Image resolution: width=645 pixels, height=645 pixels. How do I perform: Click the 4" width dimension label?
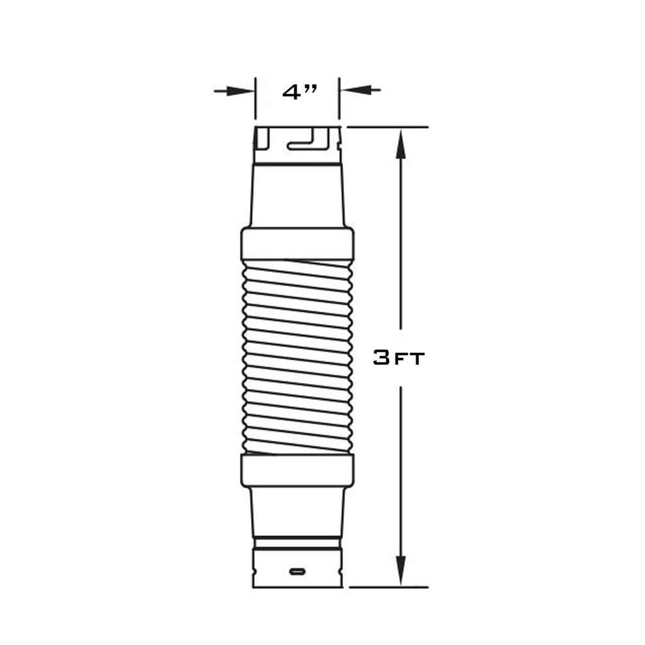[300, 92]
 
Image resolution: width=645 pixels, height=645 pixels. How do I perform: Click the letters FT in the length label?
[408, 360]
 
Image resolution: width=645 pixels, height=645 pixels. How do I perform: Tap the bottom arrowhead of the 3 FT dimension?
[401, 569]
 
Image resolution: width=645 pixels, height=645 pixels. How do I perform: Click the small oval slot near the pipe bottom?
[297, 571]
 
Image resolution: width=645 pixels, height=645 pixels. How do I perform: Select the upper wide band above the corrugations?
[297, 243]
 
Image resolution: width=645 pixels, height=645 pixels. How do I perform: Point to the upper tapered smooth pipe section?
[297, 196]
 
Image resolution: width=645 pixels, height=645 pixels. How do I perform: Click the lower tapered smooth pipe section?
[297, 511]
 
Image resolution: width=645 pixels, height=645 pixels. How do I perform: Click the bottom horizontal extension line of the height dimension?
[388, 587]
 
